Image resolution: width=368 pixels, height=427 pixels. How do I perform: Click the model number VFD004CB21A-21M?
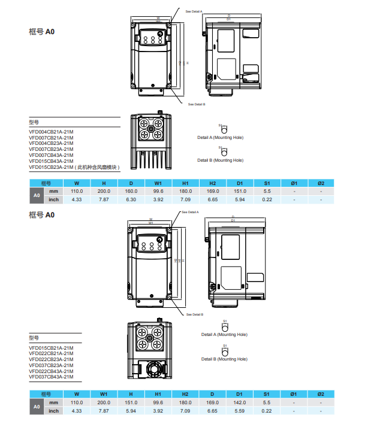click(x=51, y=131)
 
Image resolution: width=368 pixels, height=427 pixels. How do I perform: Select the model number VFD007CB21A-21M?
click(x=51, y=137)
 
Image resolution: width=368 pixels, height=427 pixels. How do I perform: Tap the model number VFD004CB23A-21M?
click(x=51, y=143)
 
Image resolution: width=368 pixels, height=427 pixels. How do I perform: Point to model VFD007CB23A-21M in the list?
click(x=51, y=149)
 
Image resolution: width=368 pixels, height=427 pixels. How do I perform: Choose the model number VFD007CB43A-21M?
click(x=51, y=155)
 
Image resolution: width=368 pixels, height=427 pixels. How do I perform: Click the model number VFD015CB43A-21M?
click(x=51, y=161)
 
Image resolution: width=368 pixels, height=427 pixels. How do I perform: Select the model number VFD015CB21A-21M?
click(x=51, y=347)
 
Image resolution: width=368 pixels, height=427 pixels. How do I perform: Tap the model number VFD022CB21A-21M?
click(x=51, y=353)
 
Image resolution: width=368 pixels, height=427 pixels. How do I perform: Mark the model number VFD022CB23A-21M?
click(x=51, y=359)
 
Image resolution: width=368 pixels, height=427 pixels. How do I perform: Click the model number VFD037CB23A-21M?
click(x=51, y=365)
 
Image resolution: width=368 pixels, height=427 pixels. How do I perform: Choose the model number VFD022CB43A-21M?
click(x=51, y=371)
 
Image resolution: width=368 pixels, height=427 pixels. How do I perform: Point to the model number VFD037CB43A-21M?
click(x=51, y=377)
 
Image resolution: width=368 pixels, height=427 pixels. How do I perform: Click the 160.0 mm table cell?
click(x=131, y=191)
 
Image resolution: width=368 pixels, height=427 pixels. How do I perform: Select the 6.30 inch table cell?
click(x=131, y=199)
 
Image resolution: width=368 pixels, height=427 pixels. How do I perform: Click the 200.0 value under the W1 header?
click(x=104, y=402)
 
